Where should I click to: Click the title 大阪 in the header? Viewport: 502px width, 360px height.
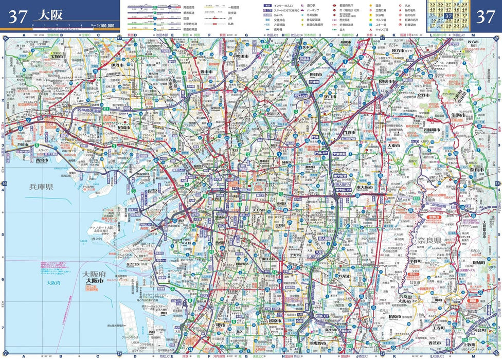[50, 15]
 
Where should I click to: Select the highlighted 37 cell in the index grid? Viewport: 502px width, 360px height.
[449, 15]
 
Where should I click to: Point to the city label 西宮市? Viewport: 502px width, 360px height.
[42, 160]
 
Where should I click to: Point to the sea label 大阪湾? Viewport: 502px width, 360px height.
[53, 282]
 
